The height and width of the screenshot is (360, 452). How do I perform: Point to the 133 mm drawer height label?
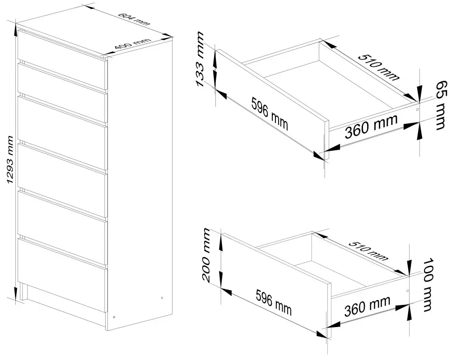200,59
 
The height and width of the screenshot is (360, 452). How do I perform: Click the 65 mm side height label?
442,105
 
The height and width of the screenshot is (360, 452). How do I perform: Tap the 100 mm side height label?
428,285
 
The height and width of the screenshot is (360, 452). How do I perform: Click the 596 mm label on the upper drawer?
269,114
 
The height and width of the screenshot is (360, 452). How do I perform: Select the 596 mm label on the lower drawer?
274,302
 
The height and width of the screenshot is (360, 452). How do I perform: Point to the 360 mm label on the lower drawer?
367,306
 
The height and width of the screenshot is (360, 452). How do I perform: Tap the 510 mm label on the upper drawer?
379,67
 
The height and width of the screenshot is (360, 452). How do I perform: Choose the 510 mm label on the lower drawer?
368,250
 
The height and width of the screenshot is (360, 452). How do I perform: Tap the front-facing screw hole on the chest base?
114,317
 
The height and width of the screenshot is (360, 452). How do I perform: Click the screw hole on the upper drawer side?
417,110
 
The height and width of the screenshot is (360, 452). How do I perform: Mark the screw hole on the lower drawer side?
407,291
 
